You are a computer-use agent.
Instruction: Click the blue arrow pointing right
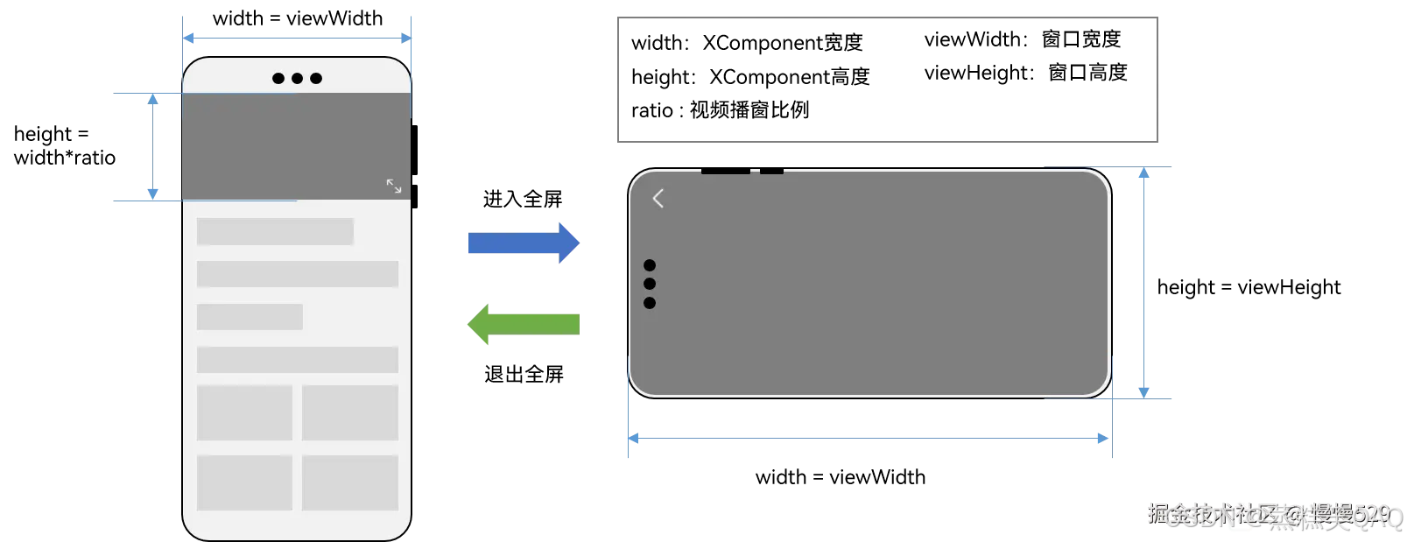tap(523, 243)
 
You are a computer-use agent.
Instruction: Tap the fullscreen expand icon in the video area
tap(394, 186)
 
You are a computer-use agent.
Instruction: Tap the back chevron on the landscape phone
tap(658, 199)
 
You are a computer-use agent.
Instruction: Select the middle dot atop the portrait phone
tap(298, 79)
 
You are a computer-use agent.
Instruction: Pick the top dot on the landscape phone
tap(650, 265)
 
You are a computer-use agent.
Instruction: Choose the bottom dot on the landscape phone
tap(650, 303)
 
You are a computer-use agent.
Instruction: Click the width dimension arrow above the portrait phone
tap(297, 39)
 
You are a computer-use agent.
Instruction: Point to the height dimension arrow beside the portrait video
tap(153, 147)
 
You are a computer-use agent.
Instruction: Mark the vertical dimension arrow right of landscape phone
tap(1143, 283)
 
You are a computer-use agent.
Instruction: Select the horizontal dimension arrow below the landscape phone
tap(869, 438)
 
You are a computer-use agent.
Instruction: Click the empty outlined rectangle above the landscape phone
tap(888, 80)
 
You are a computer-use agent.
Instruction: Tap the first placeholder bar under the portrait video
tap(275, 232)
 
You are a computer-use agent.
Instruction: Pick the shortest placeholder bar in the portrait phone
tap(250, 317)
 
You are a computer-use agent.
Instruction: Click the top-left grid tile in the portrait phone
tap(245, 412)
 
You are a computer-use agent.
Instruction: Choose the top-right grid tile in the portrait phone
tap(350, 412)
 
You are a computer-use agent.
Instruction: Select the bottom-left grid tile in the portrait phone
tap(245, 482)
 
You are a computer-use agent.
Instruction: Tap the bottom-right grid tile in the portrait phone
tap(350, 482)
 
